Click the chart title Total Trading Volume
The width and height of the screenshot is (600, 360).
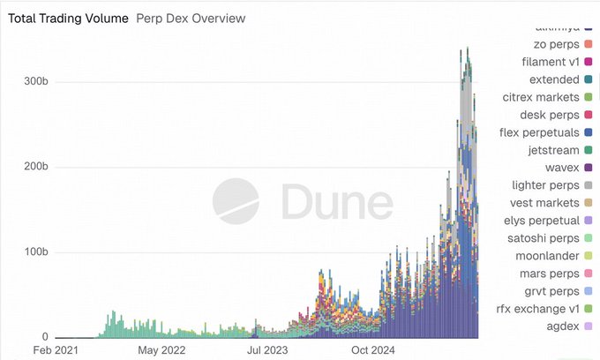point(68,18)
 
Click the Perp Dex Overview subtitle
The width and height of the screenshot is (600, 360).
point(191,18)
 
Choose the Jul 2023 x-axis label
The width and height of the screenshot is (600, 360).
point(267,350)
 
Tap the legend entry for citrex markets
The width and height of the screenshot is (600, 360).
point(540,97)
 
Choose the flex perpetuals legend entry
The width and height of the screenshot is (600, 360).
point(539,132)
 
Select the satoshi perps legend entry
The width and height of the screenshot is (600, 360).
point(542,238)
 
